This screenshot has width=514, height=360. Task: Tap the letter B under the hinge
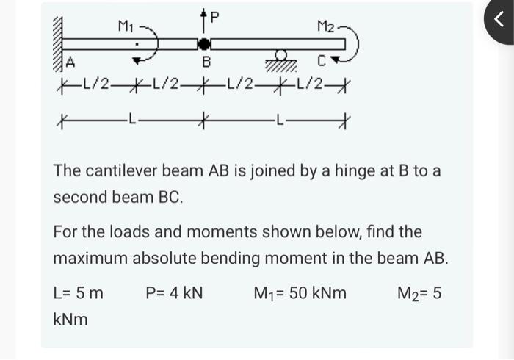[x=207, y=62]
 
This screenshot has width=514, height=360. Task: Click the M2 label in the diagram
[x=327, y=27]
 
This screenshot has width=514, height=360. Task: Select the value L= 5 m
[x=79, y=294]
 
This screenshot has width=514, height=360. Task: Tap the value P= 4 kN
[x=174, y=294]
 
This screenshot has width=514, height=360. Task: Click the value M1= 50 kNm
[x=300, y=294]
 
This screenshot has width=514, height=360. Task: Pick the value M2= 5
[x=419, y=294]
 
